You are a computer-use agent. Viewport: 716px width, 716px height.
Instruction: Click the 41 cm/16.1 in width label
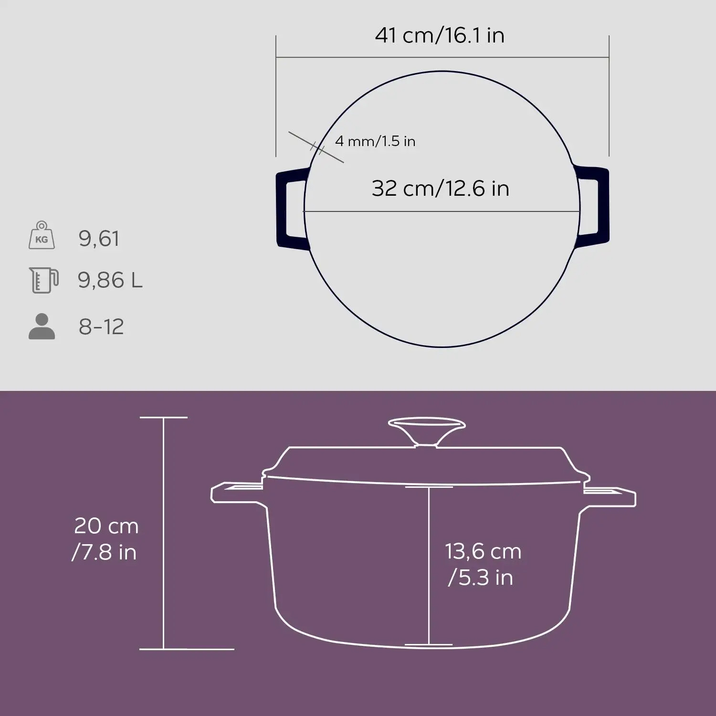(440, 35)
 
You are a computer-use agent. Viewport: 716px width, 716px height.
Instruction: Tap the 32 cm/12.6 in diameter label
(440, 189)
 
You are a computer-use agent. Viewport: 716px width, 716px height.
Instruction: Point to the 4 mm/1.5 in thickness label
(375, 141)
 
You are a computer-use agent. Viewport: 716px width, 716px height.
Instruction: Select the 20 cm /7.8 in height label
(105, 539)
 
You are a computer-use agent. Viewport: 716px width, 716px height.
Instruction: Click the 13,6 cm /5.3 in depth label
(483, 564)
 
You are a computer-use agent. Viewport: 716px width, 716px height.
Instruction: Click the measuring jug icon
(43, 280)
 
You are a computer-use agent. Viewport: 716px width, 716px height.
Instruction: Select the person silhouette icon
(42, 326)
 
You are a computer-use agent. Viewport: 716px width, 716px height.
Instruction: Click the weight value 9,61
(99, 238)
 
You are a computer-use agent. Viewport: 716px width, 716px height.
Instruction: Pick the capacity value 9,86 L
(110, 280)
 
